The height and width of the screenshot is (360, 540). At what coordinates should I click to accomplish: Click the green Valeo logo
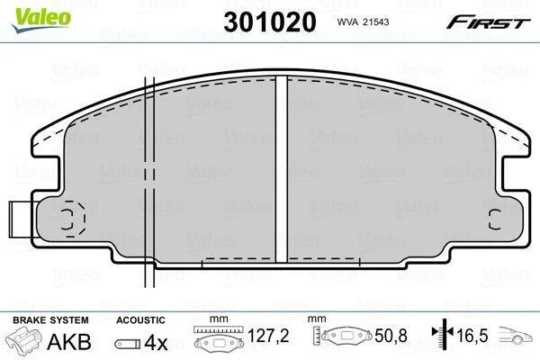click(x=41, y=20)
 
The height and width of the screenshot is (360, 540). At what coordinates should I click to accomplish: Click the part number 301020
click(x=270, y=22)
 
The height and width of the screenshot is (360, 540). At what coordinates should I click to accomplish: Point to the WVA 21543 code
click(x=363, y=22)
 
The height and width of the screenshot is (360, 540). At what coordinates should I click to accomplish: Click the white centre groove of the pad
click(x=282, y=170)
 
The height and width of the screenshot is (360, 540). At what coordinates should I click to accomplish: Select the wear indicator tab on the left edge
click(x=21, y=220)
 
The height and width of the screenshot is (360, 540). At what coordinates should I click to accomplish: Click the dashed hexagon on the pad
click(x=74, y=219)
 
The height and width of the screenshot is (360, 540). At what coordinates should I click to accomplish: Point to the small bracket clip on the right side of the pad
click(x=495, y=220)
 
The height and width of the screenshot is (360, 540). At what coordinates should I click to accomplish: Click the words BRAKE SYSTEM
click(x=50, y=320)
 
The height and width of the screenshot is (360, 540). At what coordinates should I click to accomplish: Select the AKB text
click(x=69, y=341)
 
